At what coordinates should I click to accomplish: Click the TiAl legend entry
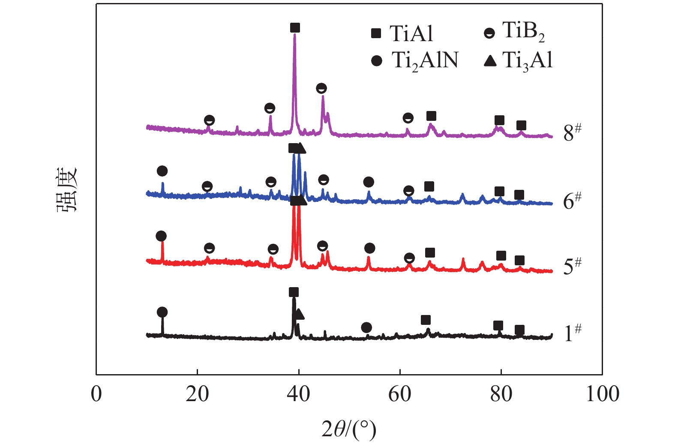[402, 33]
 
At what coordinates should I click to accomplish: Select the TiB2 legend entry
[514, 32]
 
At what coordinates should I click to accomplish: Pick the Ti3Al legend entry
[519, 60]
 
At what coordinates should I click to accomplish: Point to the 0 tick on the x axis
[96, 393]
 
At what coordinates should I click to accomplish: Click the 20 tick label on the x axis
[197, 393]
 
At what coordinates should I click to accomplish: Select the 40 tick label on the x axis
[298, 393]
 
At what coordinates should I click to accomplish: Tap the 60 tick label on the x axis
[399, 393]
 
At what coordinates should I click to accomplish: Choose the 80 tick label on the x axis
[501, 393]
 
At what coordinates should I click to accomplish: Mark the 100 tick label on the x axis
[602, 393]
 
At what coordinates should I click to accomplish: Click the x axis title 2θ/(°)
[349, 429]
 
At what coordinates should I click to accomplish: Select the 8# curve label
[572, 132]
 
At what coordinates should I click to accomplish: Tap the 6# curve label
[572, 200]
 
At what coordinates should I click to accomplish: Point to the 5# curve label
[572, 266]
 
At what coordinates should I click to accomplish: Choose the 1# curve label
[572, 333]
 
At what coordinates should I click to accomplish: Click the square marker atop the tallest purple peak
[295, 28]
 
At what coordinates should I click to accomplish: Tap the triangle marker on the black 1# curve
[299, 314]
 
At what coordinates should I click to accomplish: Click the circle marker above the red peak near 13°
[161, 236]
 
